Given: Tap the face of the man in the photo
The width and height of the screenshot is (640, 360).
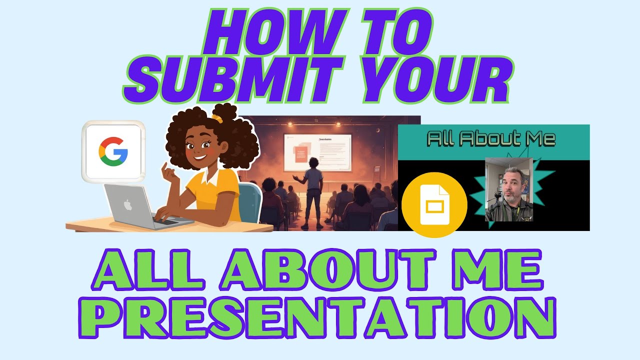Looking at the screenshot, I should coord(514,184).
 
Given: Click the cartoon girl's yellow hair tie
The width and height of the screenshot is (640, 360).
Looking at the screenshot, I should coord(216,118).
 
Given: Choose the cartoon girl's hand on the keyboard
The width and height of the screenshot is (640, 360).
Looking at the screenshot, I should coord(164,215).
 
